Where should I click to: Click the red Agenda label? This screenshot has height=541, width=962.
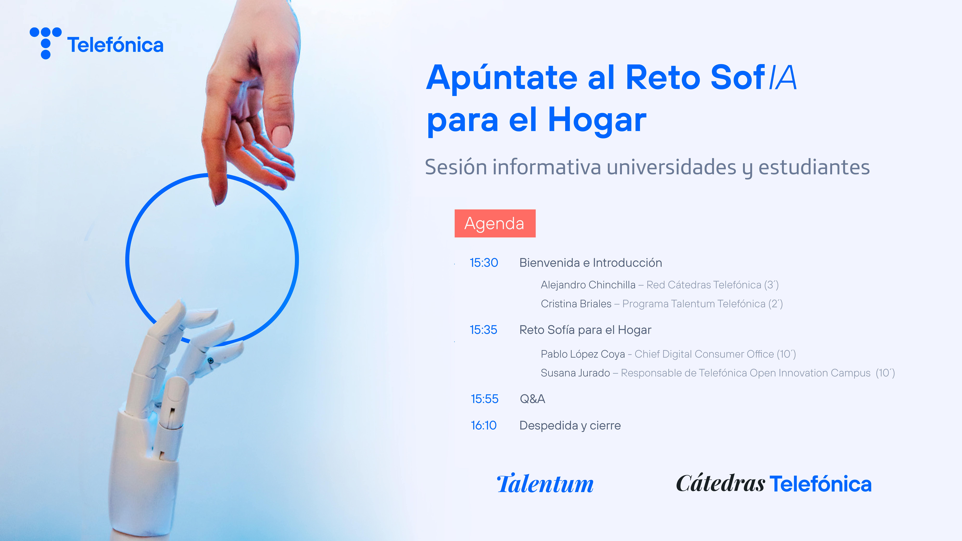tap(495, 223)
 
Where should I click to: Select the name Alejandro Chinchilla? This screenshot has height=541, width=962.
tap(588, 285)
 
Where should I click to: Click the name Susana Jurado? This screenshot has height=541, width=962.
tap(575, 373)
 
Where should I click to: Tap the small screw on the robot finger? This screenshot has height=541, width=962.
tap(211, 360)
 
